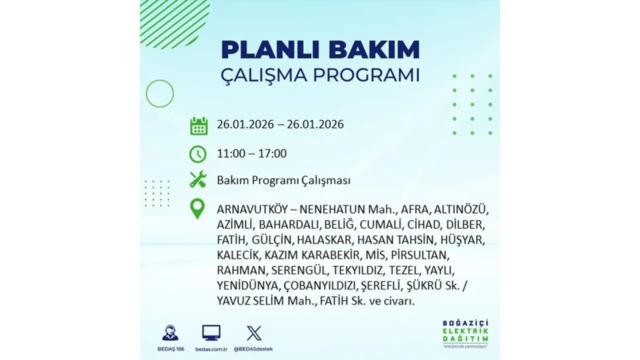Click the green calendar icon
(198, 126)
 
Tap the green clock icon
(198, 153)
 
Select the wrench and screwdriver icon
(198, 179)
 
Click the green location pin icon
(198, 209)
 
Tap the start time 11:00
(231, 153)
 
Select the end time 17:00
(272, 153)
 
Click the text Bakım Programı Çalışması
(283, 180)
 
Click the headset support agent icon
(170, 332)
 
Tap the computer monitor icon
(211, 332)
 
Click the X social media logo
(254, 333)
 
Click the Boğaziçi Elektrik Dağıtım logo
(465, 331)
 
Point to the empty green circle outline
(159, 93)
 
